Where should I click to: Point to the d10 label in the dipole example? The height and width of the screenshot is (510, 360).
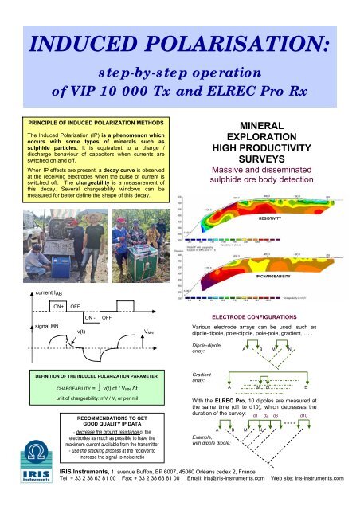[x=303, y=415]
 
